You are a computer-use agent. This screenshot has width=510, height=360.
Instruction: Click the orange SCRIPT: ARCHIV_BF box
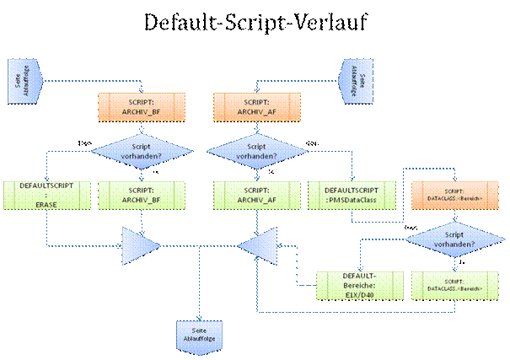pyautogui.click(x=141, y=106)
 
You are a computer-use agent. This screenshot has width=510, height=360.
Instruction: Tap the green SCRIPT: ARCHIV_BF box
pyautogui.click(x=141, y=196)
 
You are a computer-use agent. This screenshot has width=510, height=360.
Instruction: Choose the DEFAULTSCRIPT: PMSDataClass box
pyautogui.click(x=351, y=196)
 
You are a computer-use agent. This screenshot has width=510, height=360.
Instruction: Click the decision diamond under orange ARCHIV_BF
pyautogui.click(x=141, y=152)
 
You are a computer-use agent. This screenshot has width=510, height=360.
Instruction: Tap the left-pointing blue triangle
pyautogui.click(x=255, y=246)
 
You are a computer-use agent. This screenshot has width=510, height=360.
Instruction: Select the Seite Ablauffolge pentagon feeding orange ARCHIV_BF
pyautogui.click(x=19, y=80)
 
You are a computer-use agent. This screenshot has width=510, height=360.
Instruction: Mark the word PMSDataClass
pyautogui.click(x=356, y=201)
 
